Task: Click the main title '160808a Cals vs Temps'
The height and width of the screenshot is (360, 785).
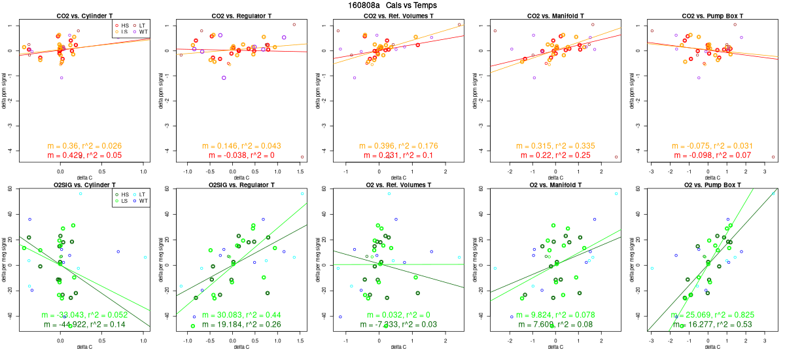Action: (x=392, y=5)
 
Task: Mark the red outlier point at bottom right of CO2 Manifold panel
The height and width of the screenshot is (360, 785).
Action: (x=616, y=157)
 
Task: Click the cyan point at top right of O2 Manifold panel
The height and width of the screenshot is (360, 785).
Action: (x=616, y=194)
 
